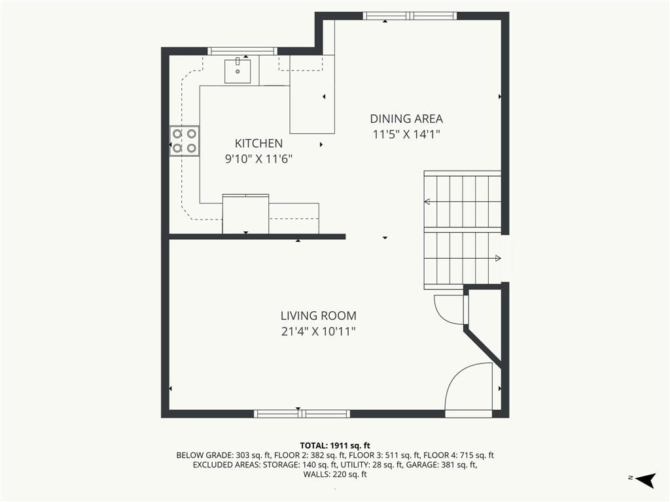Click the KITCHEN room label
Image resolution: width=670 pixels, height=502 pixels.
pyautogui.click(x=258, y=143)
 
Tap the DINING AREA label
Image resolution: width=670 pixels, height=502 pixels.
pyautogui.click(x=406, y=119)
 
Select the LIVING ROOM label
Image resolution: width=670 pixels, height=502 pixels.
pyautogui.click(x=319, y=316)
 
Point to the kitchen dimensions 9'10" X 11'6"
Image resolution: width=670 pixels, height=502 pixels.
pyautogui.click(x=258, y=159)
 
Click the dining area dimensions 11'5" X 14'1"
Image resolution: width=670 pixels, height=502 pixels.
pyautogui.click(x=406, y=135)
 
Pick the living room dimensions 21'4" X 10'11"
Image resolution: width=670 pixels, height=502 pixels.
pyautogui.click(x=319, y=331)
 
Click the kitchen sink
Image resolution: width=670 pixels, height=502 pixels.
pyautogui.click(x=238, y=71)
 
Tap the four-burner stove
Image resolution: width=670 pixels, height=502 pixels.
pyautogui.click(x=185, y=141)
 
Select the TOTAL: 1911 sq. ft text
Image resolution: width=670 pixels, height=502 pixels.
pyautogui.click(x=335, y=446)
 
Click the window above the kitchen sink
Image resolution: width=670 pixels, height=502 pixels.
pyautogui.click(x=242, y=51)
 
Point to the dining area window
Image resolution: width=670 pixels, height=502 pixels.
pyautogui.click(x=410, y=16)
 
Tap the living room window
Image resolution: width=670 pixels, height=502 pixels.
pyautogui.click(x=302, y=413)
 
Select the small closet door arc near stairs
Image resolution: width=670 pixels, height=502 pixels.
pyautogui.click(x=440, y=310)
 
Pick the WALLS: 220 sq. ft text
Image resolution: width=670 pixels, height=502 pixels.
pyautogui.click(x=335, y=475)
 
